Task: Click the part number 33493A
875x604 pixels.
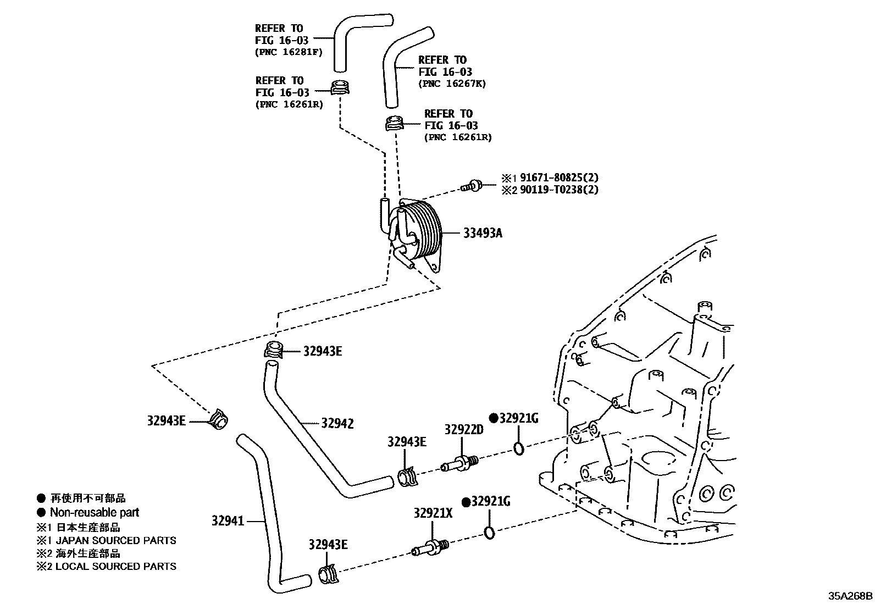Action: click(x=482, y=233)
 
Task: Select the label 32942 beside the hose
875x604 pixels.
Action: click(x=337, y=423)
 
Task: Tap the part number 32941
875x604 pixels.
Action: click(x=228, y=520)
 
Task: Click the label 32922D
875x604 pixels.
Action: click(x=463, y=429)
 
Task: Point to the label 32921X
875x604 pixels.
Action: click(x=433, y=513)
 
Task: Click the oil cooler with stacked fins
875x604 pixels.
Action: click(x=417, y=234)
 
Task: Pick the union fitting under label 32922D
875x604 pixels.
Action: click(x=459, y=464)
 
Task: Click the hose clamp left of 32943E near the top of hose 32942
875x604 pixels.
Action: click(x=273, y=350)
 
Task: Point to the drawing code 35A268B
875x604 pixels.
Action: click(x=850, y=595)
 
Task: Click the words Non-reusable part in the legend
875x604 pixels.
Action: click(x=95, y=512)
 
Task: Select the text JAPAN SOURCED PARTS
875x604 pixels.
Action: click(x=115, y=540)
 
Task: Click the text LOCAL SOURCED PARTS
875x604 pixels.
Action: click(x=115, y=566)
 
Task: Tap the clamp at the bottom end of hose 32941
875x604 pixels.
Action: click(x=328, y=574)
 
